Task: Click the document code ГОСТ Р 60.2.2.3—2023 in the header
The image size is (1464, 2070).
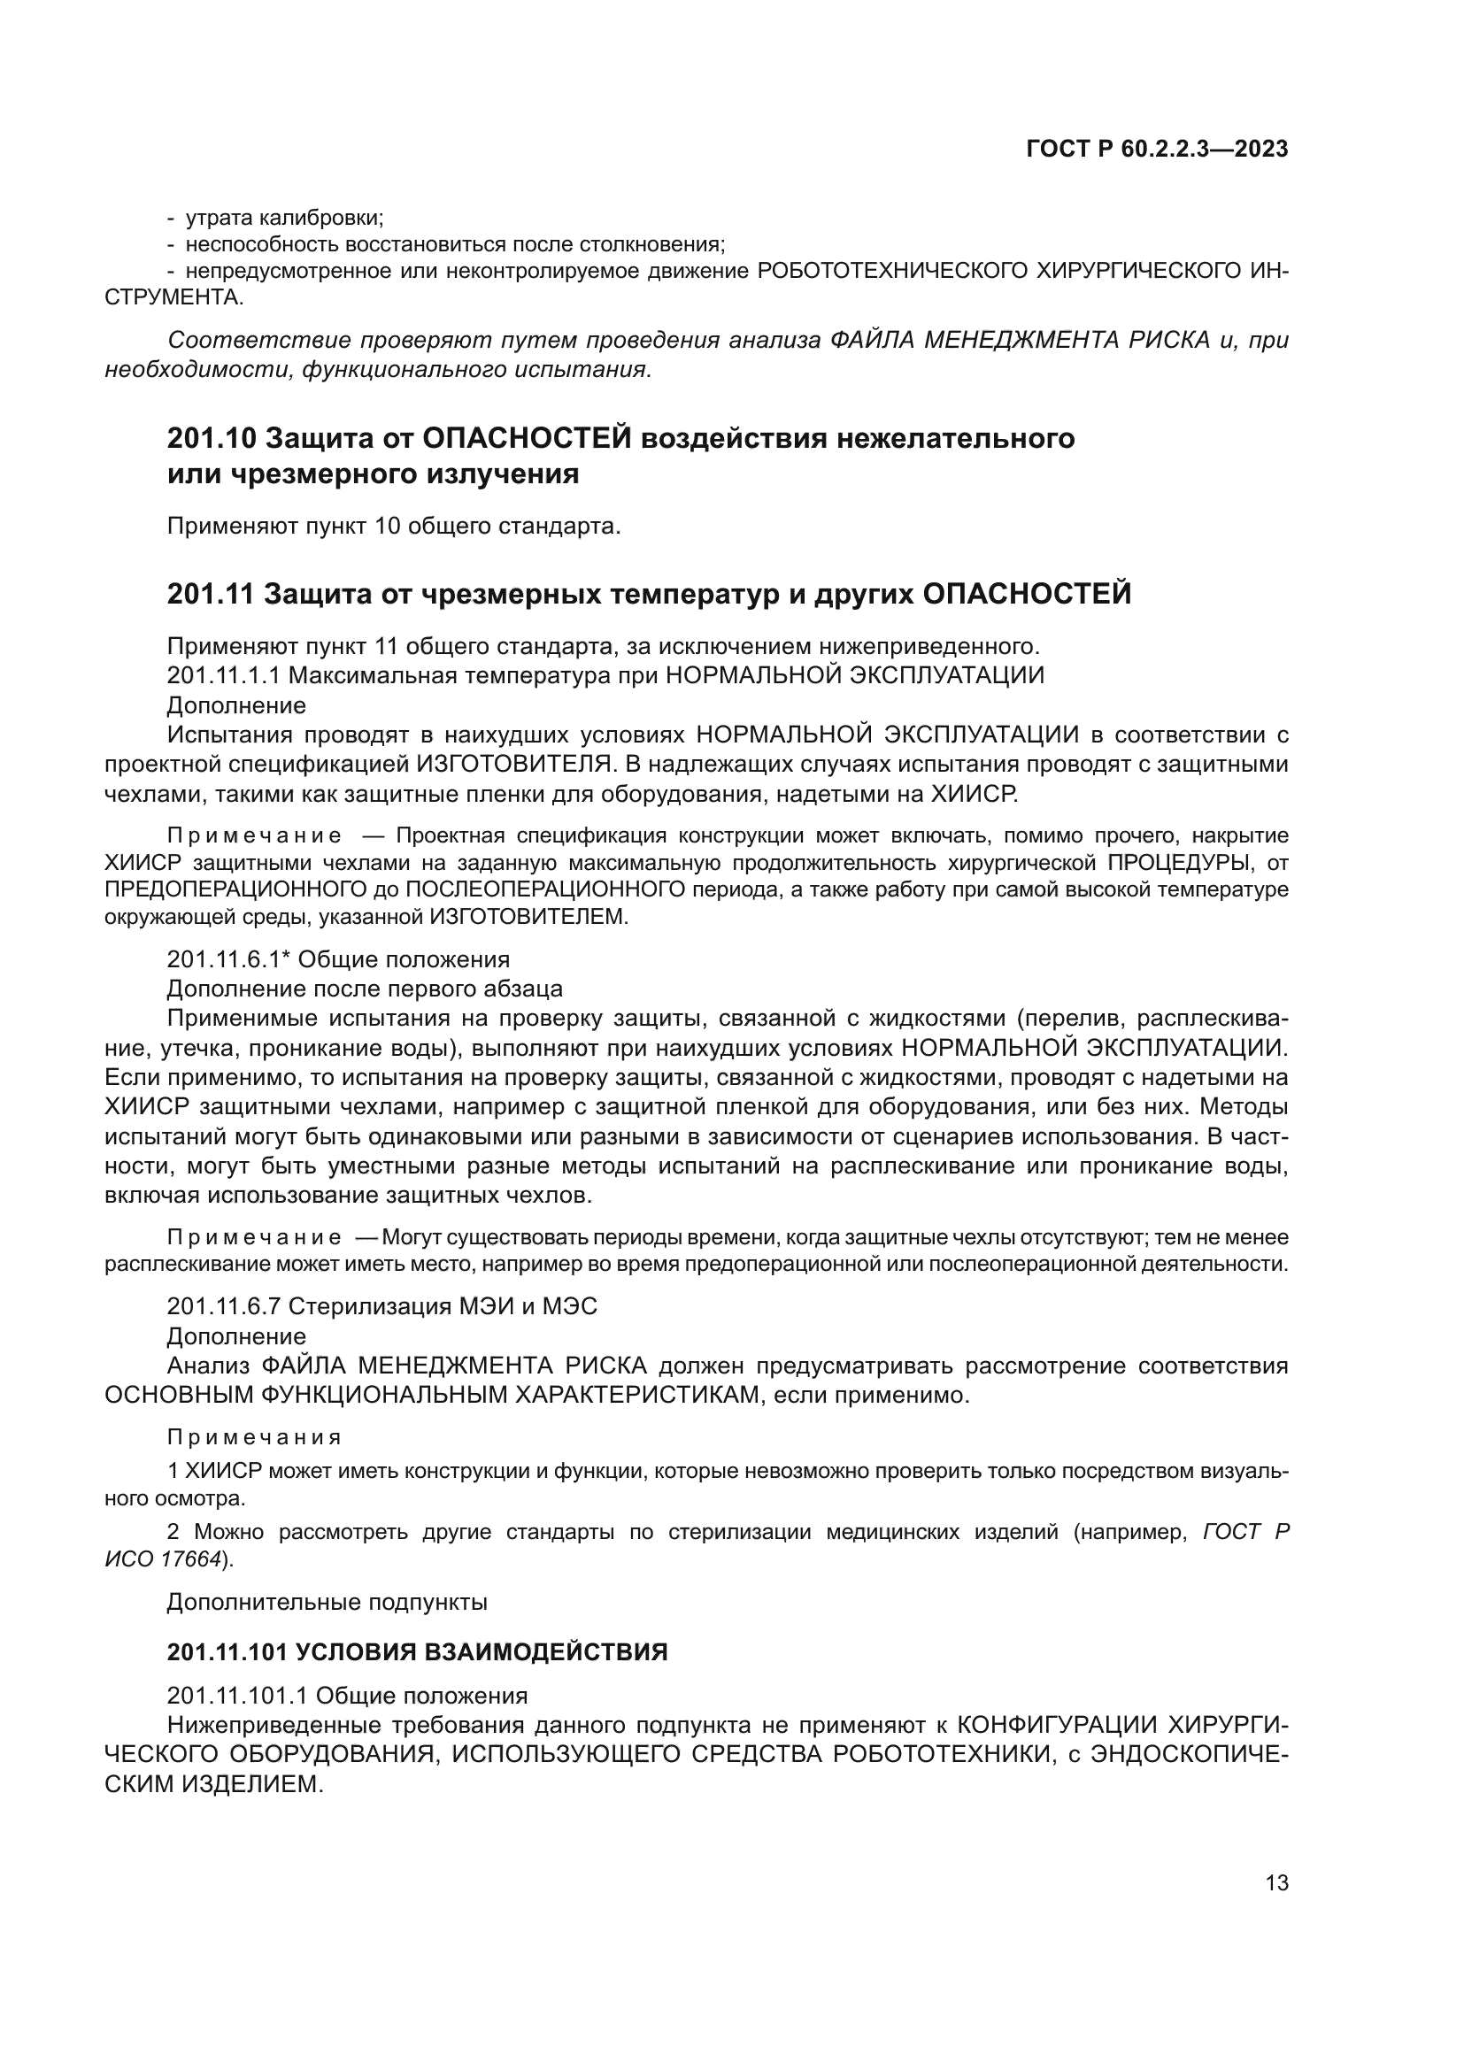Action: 1157,150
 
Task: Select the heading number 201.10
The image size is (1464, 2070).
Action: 212,438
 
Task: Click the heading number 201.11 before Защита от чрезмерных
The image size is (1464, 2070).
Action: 212,594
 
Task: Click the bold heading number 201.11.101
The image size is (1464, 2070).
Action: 227,1651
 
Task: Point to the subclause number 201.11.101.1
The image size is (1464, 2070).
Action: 238,1695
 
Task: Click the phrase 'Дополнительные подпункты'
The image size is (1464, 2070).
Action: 327,1602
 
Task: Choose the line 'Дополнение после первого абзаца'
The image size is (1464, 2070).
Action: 364,989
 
